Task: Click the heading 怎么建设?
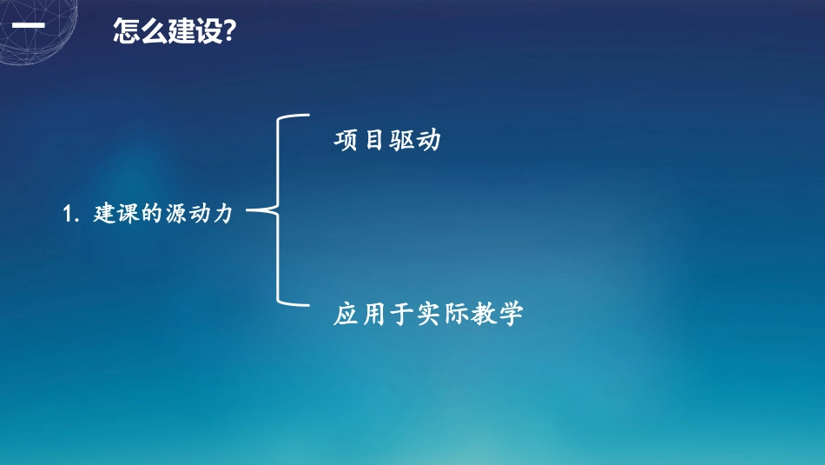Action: point(175,32)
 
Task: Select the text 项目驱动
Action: point(387,141)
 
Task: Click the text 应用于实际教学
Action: point(428,314)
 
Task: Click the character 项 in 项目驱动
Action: point(346,141)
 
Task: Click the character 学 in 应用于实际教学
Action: point(511,314)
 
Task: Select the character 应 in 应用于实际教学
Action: point(346,314)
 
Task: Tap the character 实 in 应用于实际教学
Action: point(428,314)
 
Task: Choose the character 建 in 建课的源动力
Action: point(104,214)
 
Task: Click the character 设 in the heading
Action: point(209,32)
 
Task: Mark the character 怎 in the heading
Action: point(127,32)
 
